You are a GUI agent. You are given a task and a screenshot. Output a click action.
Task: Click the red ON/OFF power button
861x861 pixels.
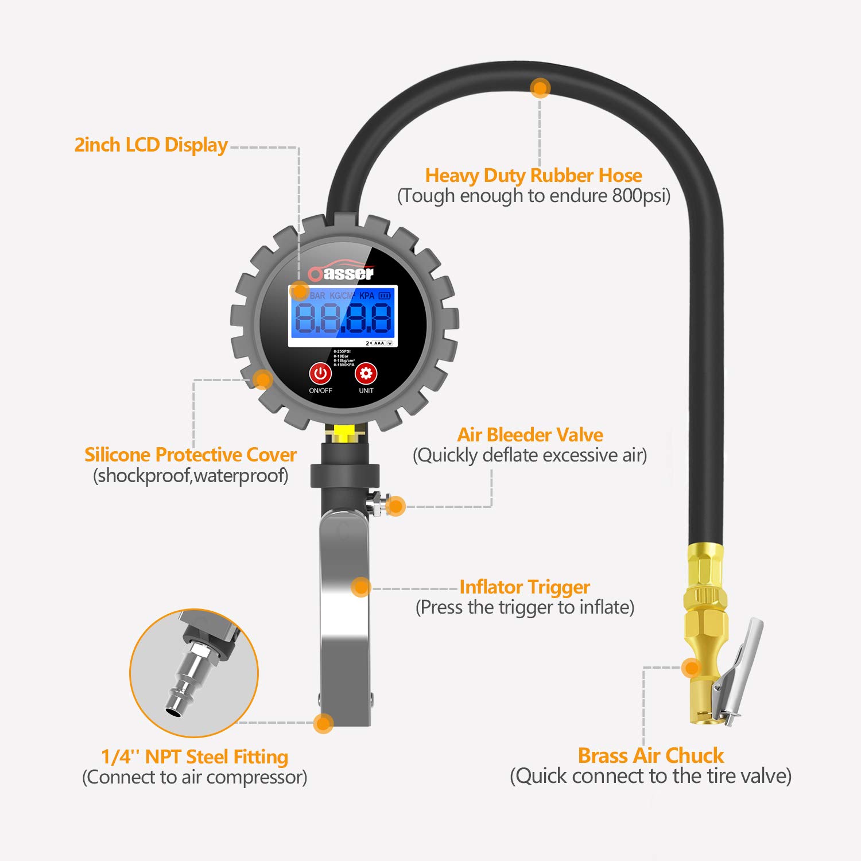pos(320,374)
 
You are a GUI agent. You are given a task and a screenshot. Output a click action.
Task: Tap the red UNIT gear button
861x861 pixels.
pos(366,374)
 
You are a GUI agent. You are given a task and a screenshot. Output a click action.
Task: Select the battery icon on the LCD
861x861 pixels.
pos(384,296)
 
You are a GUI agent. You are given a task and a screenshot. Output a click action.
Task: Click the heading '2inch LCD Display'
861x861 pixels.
pos(151,145)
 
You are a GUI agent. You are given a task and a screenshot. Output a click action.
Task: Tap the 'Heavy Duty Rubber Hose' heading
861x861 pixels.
pos(533,175)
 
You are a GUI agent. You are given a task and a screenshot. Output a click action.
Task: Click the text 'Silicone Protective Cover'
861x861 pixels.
pos(190,455)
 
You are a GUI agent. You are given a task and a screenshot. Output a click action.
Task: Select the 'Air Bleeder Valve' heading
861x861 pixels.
pos(530,435)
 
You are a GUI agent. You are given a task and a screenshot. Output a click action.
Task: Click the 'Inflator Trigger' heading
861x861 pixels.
pos(524,587)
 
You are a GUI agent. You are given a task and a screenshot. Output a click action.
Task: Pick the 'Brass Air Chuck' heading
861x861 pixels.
pos(650,755)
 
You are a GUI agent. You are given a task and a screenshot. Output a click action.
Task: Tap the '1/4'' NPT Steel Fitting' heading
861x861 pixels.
pos(195,757)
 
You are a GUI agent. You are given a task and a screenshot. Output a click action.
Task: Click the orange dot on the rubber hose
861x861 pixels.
pos(540,88)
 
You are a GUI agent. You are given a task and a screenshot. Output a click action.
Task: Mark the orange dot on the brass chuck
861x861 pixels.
pos(692,667)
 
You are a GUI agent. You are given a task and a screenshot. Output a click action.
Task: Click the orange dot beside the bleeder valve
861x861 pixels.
pos(395,506)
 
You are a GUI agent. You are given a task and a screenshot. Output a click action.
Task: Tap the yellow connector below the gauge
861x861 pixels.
pos(343,433)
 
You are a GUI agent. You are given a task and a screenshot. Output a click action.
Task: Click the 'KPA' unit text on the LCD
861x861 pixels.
pos(366,296)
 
